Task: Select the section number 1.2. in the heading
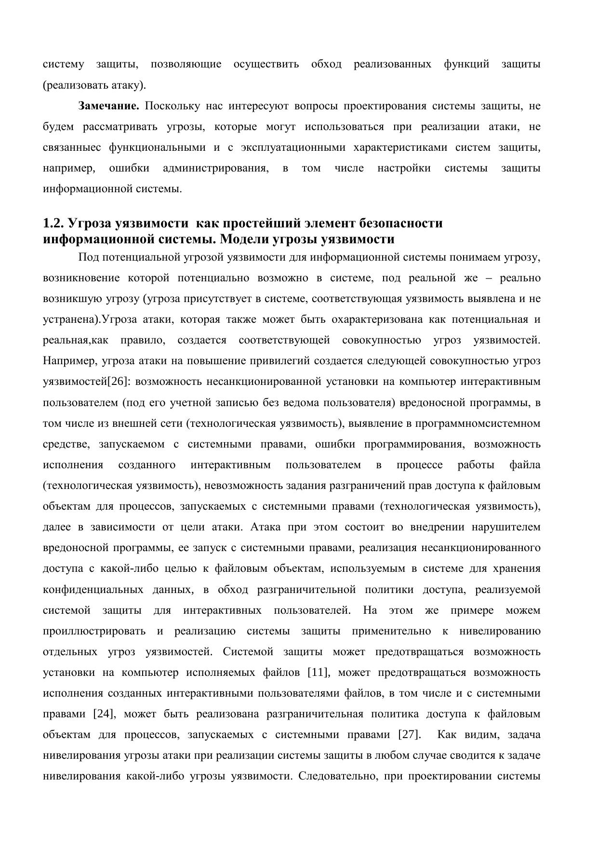(x=53, y=224)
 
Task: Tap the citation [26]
(x=118, y=382)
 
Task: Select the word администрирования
(x=215, y=169)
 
